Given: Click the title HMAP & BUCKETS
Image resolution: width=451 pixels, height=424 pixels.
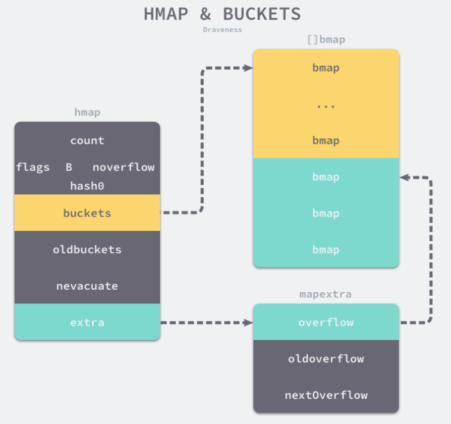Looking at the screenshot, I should coord(222,14).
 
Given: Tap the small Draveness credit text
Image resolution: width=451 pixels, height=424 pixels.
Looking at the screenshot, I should coord(222,30).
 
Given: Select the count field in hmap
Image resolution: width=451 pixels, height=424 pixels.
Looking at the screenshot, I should coord(87,140).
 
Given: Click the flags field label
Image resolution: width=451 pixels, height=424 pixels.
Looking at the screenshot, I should coord(33,167).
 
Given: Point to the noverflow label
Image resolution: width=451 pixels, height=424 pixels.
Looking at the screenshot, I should coord(123,167).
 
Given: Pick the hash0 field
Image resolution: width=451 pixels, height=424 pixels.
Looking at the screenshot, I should coord(87,186).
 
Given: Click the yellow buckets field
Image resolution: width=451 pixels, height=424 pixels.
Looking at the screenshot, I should coord(87,213).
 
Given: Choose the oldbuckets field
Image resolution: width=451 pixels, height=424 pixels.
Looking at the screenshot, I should coord(87,249).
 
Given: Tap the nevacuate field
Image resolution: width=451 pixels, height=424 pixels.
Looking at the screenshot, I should coord(87,286).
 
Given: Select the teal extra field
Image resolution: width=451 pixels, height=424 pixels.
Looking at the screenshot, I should coord(87,322).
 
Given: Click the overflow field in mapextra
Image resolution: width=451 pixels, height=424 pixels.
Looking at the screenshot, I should coord(326,322).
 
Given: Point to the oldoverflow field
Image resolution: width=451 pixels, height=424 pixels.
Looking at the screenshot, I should coord(326,358).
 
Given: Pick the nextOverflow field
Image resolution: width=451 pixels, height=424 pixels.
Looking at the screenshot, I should coord(326,395).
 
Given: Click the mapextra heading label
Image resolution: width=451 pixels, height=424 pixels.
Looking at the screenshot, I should coord(325,294).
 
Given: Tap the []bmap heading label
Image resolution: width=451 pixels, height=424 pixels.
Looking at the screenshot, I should coord(326,39).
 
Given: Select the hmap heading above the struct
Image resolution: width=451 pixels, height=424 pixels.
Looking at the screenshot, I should coord(87,112).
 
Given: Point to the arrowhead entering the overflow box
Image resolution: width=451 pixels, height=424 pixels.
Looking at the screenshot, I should coord(249,323).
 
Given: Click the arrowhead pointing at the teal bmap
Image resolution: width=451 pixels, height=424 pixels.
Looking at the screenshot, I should coord(404,177).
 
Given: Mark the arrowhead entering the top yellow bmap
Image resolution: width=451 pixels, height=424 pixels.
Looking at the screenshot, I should coord(249,68).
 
